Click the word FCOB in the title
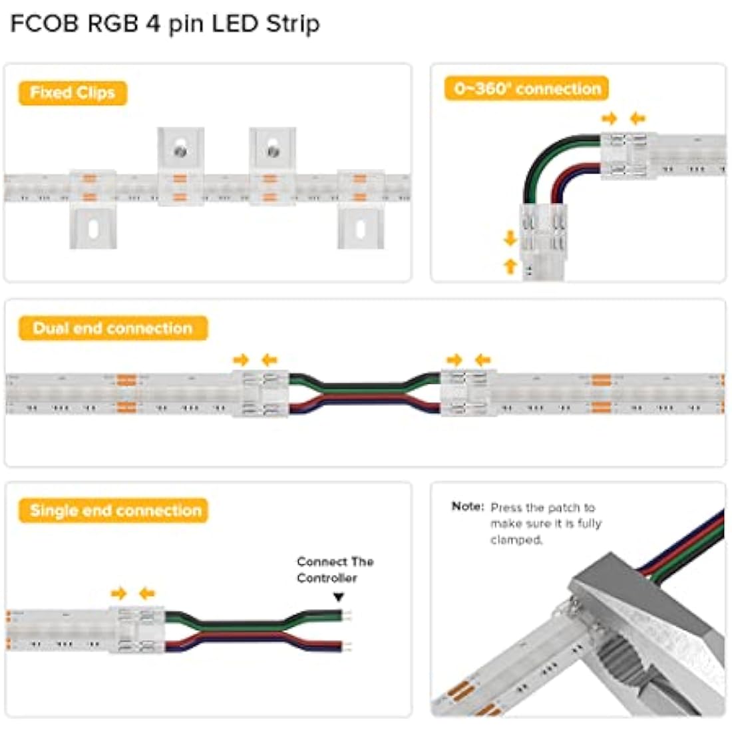pyautogui.click(x=45, y=23)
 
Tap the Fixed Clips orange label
pyautogui.click(x=73, y=92)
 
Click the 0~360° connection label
pyautogui.click(x=527, y=89)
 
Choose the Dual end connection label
pyautogui.click(x=112, y=328)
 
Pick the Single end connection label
pyautogui.click(x=115, y=510)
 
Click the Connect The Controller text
pyautogui.click(x=335, y=570)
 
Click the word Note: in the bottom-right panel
pyautogui.click(x=468, y=506)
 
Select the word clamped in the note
pyautogui.click(x=516, y=540)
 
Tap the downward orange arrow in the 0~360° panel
pyautogui.click(x=510, y=238)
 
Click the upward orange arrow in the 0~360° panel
pyautogui.click(x=510, y=266)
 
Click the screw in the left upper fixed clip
pyautogui.click(x=180, y=151)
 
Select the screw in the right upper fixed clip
pyautogui.click(x=272, y=151)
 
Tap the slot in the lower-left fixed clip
pyautogui.click(x=93, y=229)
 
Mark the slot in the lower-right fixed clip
pyautogui.click(x=360, y=229)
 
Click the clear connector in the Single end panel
pyautogui.click(x=137, y=629)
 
